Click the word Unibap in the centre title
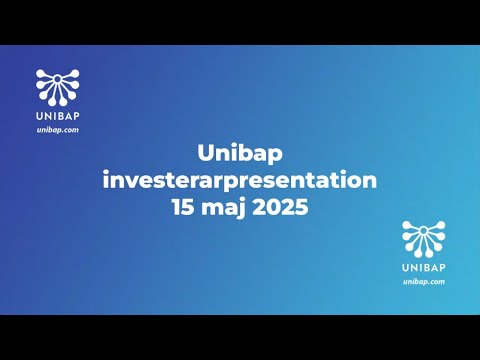tap(239, 153)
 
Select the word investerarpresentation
tap(240, 181)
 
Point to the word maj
tap(225, 210)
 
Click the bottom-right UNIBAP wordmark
tap(423, 268)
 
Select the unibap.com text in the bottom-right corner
tap(423, 283)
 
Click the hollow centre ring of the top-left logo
tap(57, 86)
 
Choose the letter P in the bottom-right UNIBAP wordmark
tap(443, 268)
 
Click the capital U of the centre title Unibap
tap(207, 153)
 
